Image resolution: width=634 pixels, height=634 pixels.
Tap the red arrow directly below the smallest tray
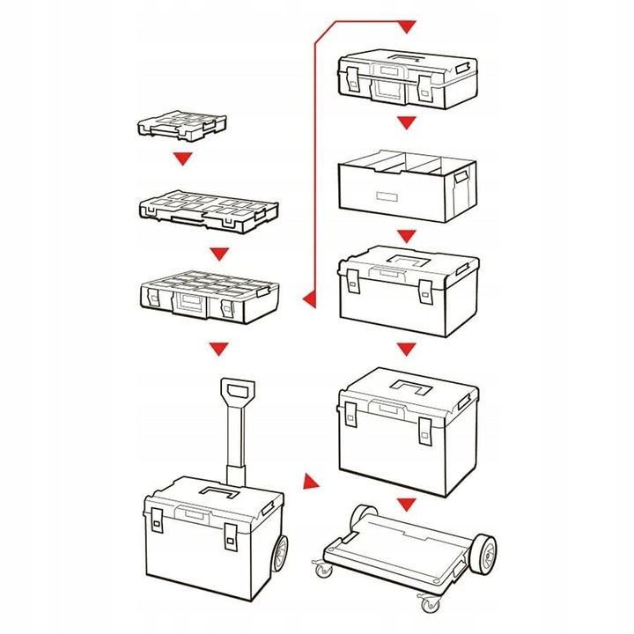coord(182,159)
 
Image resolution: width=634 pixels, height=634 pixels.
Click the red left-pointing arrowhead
coord(307,302)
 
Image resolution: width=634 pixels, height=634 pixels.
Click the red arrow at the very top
coord(405,27)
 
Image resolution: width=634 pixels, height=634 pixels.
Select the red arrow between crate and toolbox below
coord(405,236)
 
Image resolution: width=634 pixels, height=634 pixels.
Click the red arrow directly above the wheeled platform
coord(405,504)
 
